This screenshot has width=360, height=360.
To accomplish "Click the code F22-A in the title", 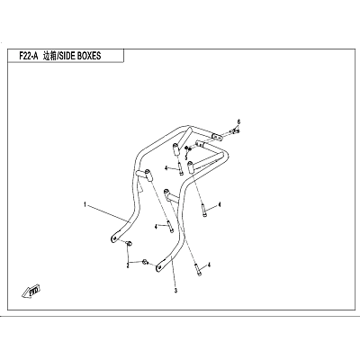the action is (x=29, y=56).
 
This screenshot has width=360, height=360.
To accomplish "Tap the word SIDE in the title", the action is (x=67, y=56).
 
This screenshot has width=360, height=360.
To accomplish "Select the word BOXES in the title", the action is (x=90, y=56).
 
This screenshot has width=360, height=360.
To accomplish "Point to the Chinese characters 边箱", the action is (x=49, y=56).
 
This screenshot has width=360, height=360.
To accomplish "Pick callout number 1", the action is (x=85, y=205).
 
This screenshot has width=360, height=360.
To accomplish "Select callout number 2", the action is (x=128, y=265).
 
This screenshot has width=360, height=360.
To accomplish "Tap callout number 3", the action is (x=176, y=291).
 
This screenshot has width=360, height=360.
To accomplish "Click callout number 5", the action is (x=186, y=157).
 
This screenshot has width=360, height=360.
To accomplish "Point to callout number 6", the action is (x=239, y=121).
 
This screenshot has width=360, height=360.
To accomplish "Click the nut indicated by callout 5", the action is (x=186, y=148).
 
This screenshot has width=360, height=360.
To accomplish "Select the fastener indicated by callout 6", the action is (x=235, y=130).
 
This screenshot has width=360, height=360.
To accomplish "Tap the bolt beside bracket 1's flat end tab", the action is (x=130, y=244).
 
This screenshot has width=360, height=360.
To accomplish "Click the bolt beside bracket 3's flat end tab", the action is (x=145, y=262).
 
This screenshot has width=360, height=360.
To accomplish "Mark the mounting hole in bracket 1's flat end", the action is (x=113, y=238).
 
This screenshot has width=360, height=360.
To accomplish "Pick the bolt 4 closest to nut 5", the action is (x=180, y=168).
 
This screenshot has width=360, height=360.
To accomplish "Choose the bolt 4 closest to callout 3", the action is (x=198, y=269).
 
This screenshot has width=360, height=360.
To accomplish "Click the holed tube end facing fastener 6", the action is (x=217, y=137).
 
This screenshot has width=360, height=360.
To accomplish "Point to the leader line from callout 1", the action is (x=108, y=213).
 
